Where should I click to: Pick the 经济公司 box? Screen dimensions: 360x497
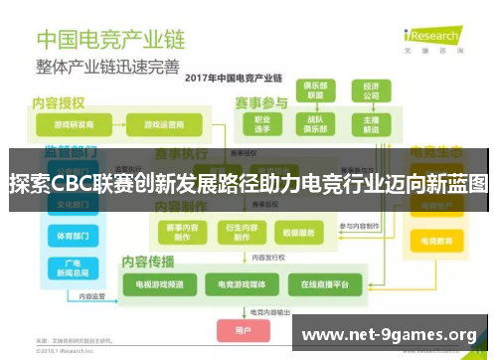tap(371, 90)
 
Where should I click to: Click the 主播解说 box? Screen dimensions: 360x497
tap(371, 124)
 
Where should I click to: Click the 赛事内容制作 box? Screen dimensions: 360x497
tap(182, 232)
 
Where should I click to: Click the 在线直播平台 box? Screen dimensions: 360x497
tap(317, 284)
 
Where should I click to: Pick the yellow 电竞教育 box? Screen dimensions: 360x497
tap(438, 242)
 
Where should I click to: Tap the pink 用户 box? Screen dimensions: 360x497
tap(243, 328)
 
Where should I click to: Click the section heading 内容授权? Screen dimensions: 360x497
tap(59, 101)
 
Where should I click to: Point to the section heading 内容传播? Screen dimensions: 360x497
tap(148, 261)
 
